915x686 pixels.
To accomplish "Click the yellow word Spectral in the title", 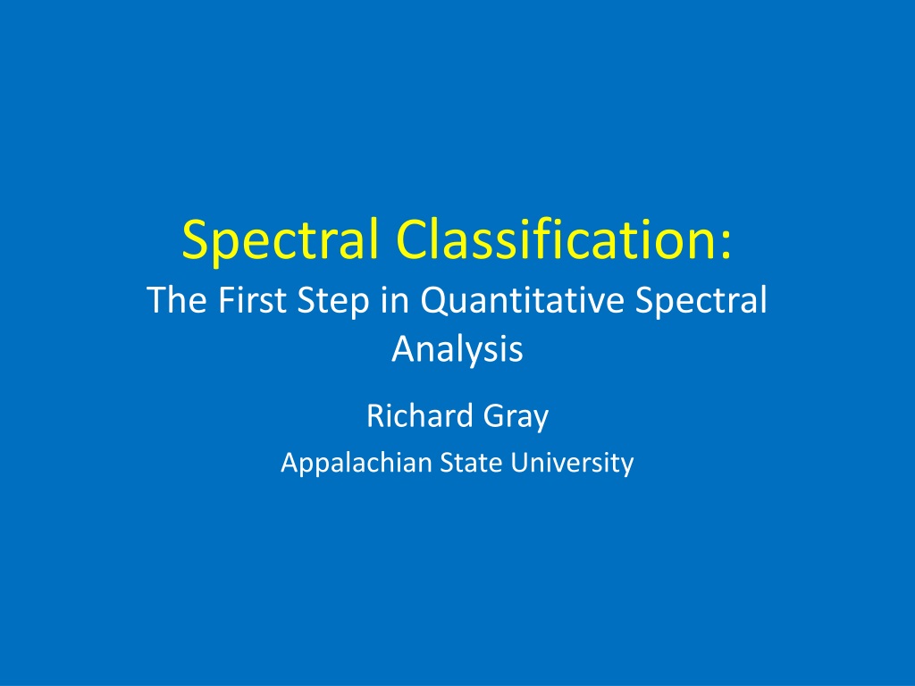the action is coord(281,241).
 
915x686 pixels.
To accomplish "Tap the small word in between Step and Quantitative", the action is coord(395,300).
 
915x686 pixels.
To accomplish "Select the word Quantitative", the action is coord(522,301).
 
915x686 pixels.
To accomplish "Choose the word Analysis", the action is coord(457,349).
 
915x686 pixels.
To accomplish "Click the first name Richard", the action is coord(420,416).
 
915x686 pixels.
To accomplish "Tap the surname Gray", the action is coord(516,419).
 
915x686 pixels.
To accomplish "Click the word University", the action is coord(573,464).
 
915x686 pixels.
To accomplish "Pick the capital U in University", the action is coord(521,463).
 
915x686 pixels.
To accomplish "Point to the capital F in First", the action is coord(226,300).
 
